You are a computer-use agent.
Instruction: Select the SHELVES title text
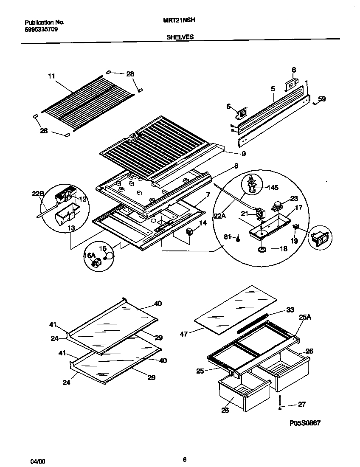pos(180,37)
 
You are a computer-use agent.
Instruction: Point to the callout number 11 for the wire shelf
pos(51,76)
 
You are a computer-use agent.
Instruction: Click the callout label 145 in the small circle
pos(273,187)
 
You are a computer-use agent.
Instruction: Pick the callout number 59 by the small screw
pos(322,99)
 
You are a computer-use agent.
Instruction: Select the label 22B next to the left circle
pos(38,194)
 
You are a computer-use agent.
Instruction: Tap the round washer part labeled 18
pos(262,249)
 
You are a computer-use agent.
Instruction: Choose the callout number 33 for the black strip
pos(290,310)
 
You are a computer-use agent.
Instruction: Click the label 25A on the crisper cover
pos(305,317)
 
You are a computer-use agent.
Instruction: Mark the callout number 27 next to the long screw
pos(302,405)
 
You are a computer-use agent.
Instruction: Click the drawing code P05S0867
pos(305,423)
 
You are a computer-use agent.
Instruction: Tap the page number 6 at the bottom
pos(184,459)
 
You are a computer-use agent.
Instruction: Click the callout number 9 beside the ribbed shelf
pos(243,153)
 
